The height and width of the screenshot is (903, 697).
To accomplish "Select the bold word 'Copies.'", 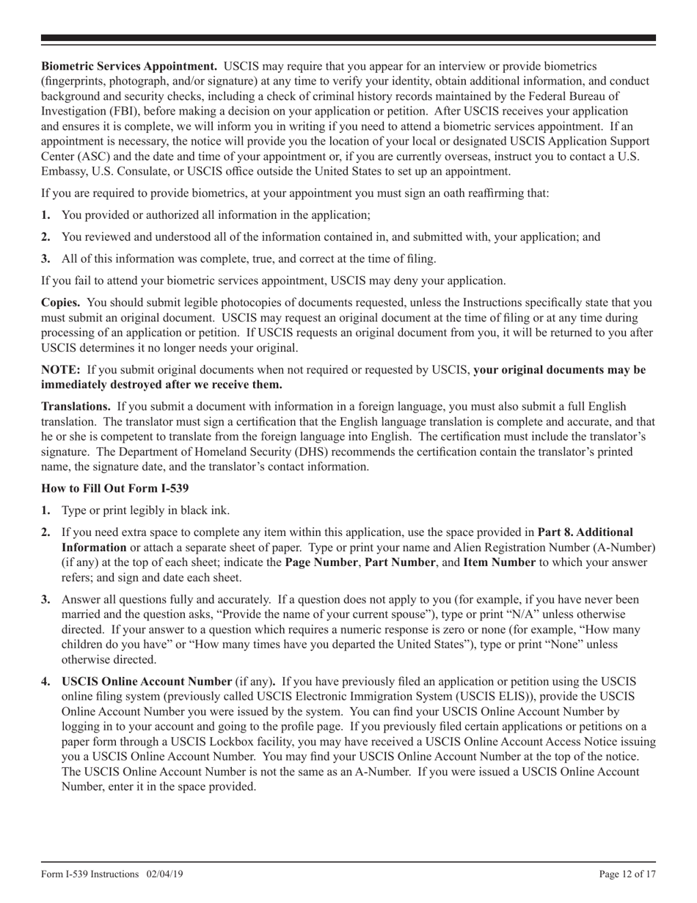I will click(61, 302).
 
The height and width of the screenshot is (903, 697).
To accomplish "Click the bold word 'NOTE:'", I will click(61, 370).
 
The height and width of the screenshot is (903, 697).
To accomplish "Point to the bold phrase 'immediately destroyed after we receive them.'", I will click(161, 385).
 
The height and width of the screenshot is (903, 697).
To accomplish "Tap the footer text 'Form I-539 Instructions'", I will click(90, 874).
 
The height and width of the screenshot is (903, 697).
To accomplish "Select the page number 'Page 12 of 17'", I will click(627, 874).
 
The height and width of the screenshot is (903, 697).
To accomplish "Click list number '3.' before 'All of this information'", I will click(46, 258).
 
